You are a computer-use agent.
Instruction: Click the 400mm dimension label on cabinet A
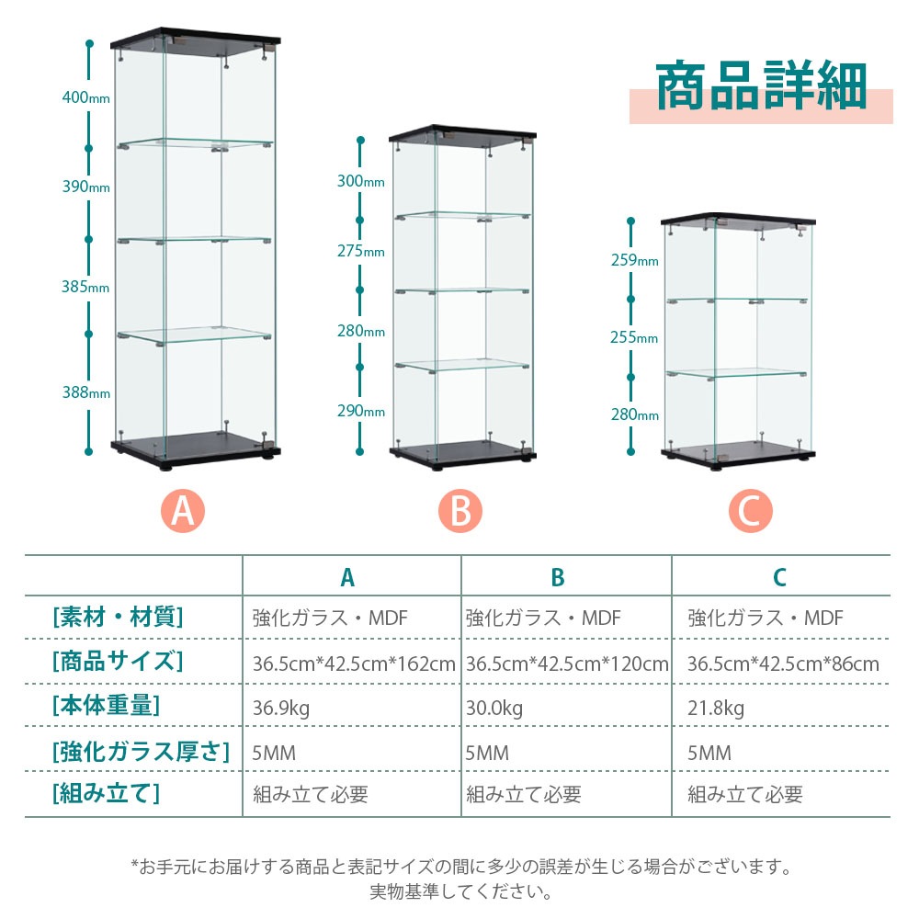point(86,96)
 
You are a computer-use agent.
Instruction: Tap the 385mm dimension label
point(85,287)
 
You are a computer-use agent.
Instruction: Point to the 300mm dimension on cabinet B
point(360,181)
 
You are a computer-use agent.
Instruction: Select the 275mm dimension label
point(360,251)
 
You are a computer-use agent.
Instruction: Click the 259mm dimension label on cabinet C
point(635,260)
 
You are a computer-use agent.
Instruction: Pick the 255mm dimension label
point(634,337)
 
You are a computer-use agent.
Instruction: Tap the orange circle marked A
point(183,510)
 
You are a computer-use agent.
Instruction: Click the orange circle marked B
point(460,510)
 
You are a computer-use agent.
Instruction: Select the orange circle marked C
point(750,510)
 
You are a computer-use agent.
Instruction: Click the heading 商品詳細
point(761,85)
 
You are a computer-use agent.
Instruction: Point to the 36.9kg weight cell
point(280,708)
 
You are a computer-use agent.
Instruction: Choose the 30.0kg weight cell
point(494,708)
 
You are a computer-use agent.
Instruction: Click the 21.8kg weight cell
point(716,708)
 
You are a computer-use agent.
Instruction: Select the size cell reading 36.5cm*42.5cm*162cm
point(354,664)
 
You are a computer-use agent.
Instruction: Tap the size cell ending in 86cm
point(783,664)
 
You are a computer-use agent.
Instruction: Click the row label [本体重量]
point(106,705)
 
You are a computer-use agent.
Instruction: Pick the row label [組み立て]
point(106,794)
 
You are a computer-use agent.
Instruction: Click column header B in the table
point(558,577)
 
